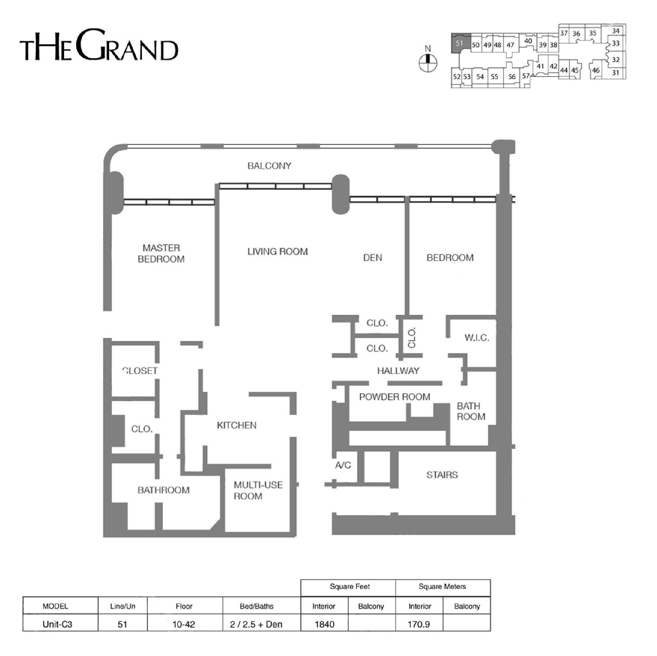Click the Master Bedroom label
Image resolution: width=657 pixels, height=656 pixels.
tap(161, 254)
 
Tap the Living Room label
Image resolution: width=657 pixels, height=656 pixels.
tap(277, 251)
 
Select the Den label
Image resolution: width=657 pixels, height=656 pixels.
tap(372, 258)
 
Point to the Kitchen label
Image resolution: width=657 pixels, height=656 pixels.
tap(237, 425)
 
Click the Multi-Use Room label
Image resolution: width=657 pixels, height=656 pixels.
tap(258, 491)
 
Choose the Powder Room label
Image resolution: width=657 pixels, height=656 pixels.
tap(395, 397)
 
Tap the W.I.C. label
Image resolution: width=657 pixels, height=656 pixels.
tap(477, 338)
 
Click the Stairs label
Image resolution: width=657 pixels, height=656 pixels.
tap(442, 475)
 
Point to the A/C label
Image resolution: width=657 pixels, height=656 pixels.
tap(343, 465)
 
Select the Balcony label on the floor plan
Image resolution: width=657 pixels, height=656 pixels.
tap(269, 166)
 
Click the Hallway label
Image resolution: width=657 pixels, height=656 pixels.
tap(398, 370)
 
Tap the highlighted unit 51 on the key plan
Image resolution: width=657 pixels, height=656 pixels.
tap(460, 43)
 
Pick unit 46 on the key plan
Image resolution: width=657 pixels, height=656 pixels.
tap(596, 70)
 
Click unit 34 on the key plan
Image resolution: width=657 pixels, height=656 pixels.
tap(616, 31)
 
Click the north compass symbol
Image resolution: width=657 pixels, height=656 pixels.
tap(428, 63)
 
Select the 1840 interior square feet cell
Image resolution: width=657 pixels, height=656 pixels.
tap(325, 624)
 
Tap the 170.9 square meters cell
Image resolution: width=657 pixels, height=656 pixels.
tap(419, 624)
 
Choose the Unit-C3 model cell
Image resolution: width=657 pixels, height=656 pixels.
tap(57, 624)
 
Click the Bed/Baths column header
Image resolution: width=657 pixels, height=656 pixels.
tap(256, 606)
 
